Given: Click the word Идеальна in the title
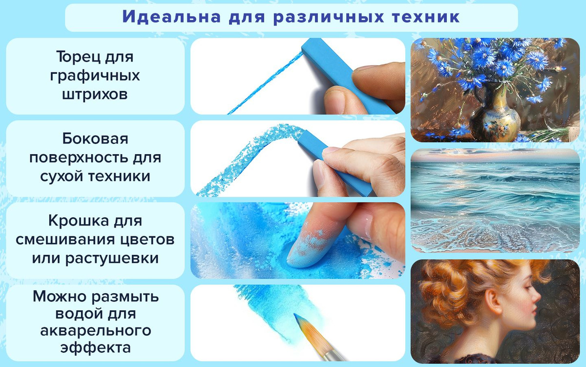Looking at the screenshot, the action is (x=171, y=17).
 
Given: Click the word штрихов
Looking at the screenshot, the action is (x=95, y=94).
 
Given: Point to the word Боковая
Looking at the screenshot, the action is (x=95, y=138).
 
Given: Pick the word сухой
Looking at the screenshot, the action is (x=61, y=176).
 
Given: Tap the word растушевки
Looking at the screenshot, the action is (x=112, y=258).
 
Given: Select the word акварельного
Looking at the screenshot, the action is (x=96, y=331).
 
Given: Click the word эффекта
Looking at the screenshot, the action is (x=96, y=348).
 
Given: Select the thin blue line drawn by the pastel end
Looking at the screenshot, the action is (x=265, y=83).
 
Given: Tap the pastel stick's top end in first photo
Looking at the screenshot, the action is (x=309, y=45).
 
